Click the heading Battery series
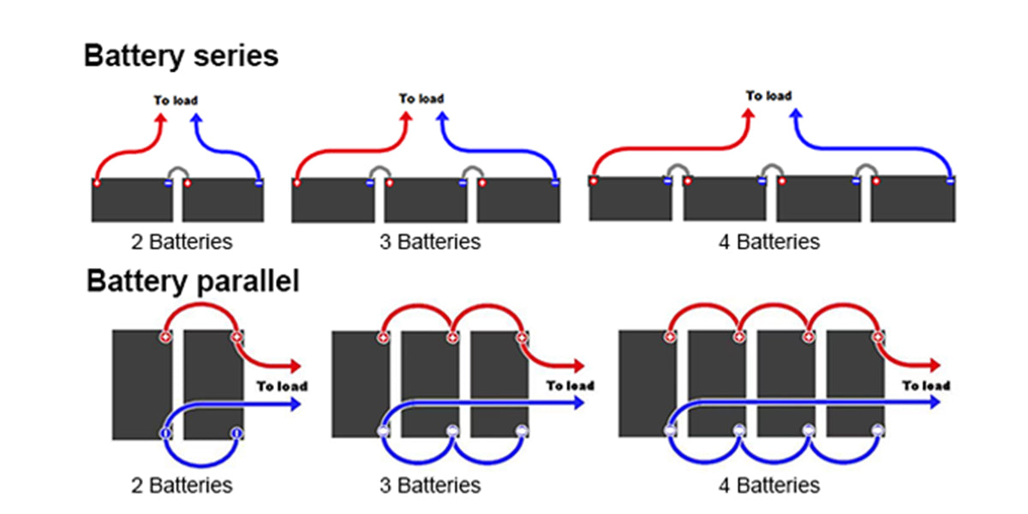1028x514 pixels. [181, 57]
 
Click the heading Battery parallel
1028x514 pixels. [193, 281]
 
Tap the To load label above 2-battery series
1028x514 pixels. [176, 101]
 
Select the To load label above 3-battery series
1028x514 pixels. [421, 99]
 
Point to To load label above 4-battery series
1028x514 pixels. [768, 96]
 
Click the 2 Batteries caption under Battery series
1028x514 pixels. [182, 242]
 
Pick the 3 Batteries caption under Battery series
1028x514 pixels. [430, 242]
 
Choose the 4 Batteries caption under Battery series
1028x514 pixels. [769, 242]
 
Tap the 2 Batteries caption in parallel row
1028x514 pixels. [182, 486]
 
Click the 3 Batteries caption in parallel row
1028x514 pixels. [430, 486]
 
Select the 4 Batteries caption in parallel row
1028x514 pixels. [769, 486]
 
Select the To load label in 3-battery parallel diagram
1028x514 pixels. [570, 385]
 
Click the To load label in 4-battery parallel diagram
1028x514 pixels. [926, 385]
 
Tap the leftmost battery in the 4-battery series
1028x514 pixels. [631, 199]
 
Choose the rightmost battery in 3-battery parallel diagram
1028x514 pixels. [499, 385]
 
